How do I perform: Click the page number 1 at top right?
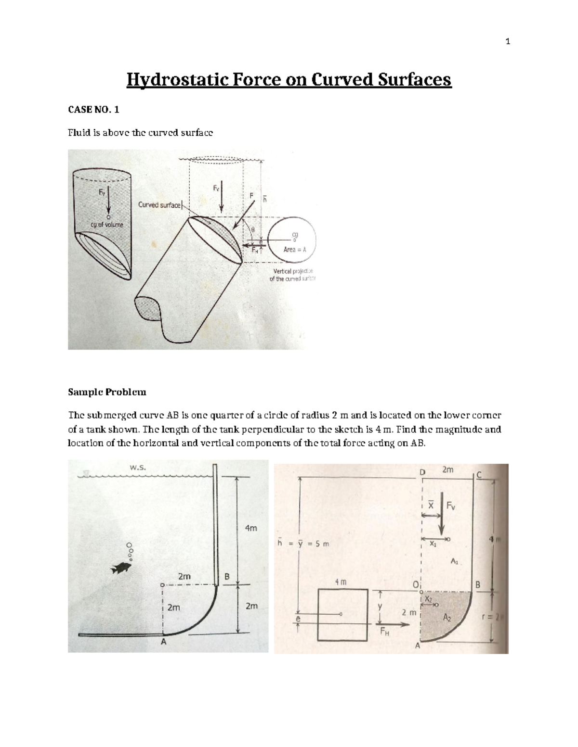click(507, 42)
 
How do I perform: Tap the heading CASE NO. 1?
click(93, 110)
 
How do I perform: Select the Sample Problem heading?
click(107, 392)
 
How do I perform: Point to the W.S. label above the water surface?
click(138, 467)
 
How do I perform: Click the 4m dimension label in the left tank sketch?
click(251, 528)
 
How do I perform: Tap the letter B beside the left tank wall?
click(227, 576)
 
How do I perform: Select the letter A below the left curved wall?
click(163, 642)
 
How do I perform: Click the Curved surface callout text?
click(159, 205)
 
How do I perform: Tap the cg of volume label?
click(106, 224)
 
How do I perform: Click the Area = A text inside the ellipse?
click(295, 250)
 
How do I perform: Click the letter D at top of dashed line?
click(422, 472)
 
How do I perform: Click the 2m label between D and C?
click(447, 470)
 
